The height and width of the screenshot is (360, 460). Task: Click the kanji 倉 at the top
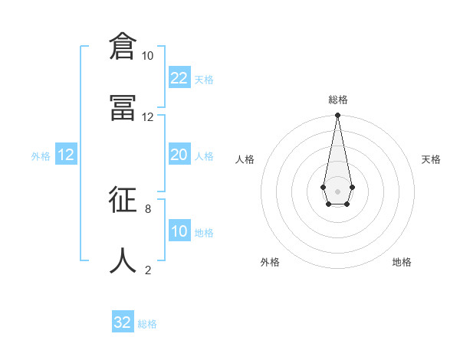pyautogui.click(x=122, y=46)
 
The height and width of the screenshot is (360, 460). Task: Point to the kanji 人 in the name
pyautogui.click(x=122, y=260)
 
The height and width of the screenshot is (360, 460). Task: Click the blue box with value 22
pyautogui.click(x=179, y=77)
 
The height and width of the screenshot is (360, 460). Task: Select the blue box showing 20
pyautogui.click(x=179, y=155)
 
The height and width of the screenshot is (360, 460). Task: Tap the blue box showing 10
pyautogui.click(x=179, y=231)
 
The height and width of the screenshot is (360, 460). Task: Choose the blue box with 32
pyautogui.click(x=123, y=322)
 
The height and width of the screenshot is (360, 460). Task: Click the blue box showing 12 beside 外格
pyautogui.click(x=66, y=155)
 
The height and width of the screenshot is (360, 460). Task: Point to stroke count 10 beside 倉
pyautogui.click(x=147, y=56)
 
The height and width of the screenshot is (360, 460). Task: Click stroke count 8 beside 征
pyautogui.click(x=147, y=208)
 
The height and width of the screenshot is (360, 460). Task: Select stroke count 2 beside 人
pyautogui.click(x=147, y=270)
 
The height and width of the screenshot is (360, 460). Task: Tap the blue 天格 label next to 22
pyautogui.click(x=204, y=80)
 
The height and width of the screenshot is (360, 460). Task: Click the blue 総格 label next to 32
pyautogui.click(x=147, y=325)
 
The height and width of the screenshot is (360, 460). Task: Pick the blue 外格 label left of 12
pyautogui.click(x=41, y=156)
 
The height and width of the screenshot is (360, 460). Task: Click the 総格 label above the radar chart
pyautogui.click(x=337, y=100)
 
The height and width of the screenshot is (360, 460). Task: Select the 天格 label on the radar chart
pyautogui.click(x=431, y=159)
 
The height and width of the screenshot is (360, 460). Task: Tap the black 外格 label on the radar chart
pyautogui.click(x=270, y=262)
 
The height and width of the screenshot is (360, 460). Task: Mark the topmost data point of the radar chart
pyautogui.click(x=337, y=115)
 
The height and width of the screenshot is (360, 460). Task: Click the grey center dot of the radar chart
pyautogui.click(x=337, y=190)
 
